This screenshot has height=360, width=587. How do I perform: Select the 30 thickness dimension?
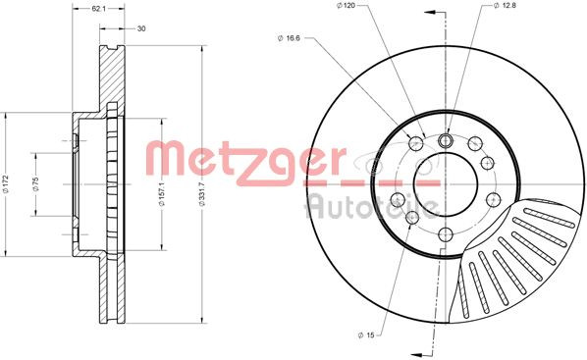(141, 28)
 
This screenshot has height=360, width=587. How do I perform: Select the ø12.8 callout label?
(504, 8)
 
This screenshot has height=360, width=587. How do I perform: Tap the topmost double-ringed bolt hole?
(444, 140)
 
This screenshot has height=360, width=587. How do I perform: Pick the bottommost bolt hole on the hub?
(444, 233)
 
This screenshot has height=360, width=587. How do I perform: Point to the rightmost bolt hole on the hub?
(486, 163)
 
